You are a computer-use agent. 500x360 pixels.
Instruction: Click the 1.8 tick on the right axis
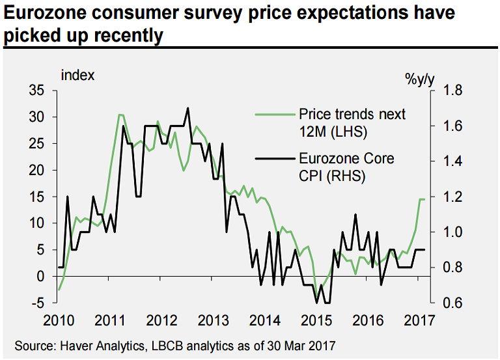pyautogui.click(x=452, y=90)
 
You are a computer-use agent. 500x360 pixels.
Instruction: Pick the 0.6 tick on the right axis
pyautogui.click(x=452, y=303)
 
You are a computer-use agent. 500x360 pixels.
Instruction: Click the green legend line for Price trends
pyautogui.click(x=273, y=115)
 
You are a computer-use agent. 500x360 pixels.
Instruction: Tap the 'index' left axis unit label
pyautogui.click(x=77, y=76)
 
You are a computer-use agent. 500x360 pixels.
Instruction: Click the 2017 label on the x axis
pyautogui.click(x=417, y=320)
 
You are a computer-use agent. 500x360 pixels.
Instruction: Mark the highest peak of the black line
pyautogui.click(x=187, y=108)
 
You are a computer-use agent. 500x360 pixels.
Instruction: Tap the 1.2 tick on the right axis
pyautogui.click(x=452, y=197)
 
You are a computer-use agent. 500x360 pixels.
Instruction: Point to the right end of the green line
pyautogui.click(x=425, y=199)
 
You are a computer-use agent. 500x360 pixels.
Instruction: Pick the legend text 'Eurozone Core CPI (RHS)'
pyautogui.click(x=346, y=166)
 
